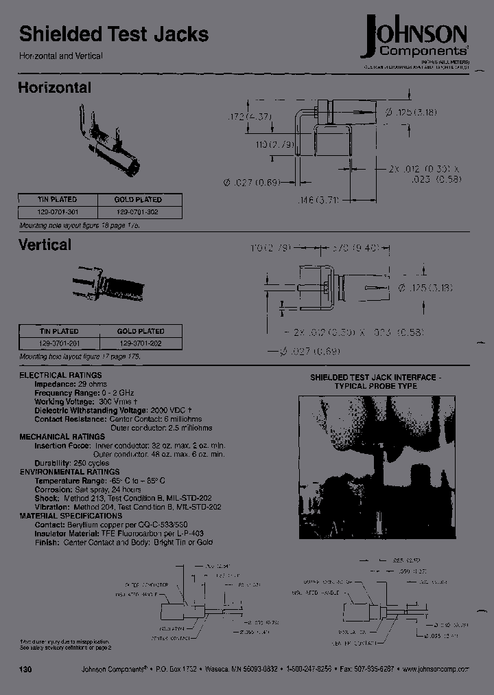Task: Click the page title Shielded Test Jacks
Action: tap(113, 34)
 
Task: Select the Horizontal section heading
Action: tap(54, 88)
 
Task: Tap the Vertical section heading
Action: tap(45, 244)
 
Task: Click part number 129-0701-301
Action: tap(59, 213)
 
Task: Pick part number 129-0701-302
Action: tap(141, 213)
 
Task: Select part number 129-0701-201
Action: tap(59, 343)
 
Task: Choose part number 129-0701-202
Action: tap(141, 343)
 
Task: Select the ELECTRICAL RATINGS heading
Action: tap(60, 375)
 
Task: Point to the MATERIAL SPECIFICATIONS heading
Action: tap(71, 515)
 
